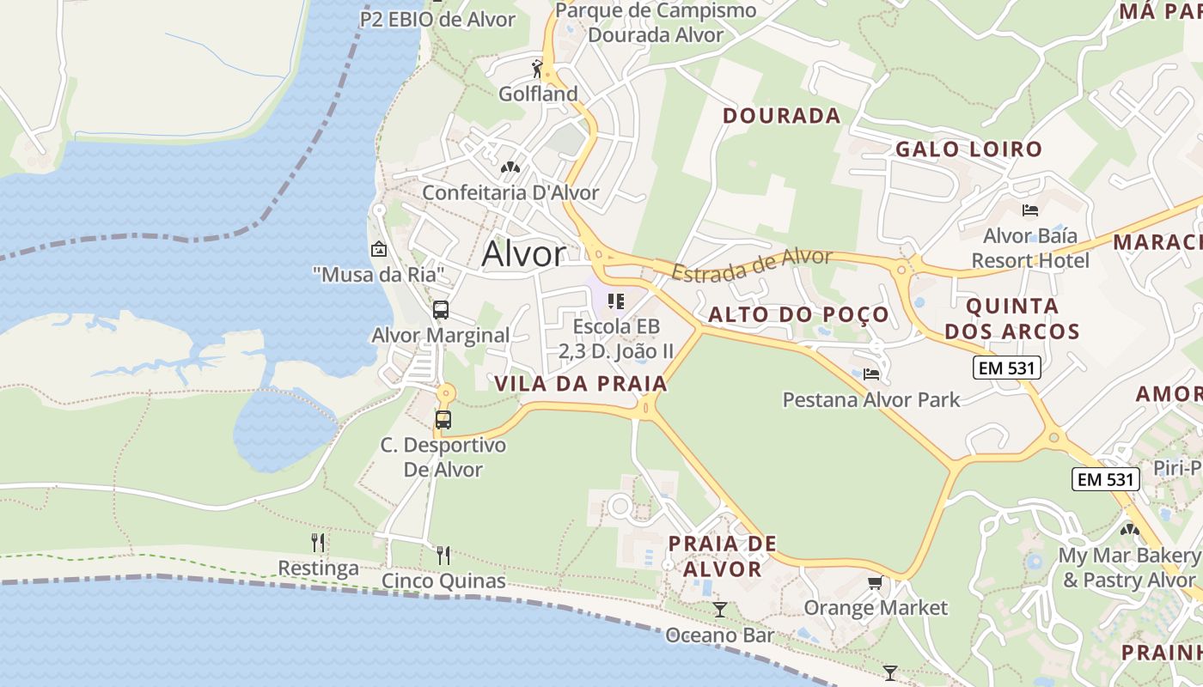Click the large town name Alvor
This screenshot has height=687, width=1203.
point(523,254)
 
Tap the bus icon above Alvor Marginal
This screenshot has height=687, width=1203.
point(441,310)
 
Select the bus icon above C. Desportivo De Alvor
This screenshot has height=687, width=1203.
point(443,420)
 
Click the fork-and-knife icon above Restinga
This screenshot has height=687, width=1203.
point(318,543)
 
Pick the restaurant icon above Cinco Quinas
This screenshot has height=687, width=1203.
point(443,556)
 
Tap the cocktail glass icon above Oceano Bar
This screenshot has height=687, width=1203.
point(720,610)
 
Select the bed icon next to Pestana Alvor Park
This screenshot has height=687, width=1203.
point(871,374)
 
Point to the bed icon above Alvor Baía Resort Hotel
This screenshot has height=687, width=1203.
point(1030,210)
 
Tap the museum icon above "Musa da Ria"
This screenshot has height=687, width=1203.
point(378,250)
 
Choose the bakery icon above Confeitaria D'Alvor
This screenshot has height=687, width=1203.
point(510,167)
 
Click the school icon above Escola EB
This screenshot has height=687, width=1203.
point(615,301)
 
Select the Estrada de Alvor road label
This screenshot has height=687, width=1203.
point(752,264)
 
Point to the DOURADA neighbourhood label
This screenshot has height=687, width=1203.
point(781,116)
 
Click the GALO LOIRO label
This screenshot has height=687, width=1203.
point(968,149)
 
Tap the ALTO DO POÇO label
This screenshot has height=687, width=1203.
point(798,314)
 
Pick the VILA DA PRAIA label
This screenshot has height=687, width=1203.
point(581,384)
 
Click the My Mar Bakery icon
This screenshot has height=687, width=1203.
point(1129,530)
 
